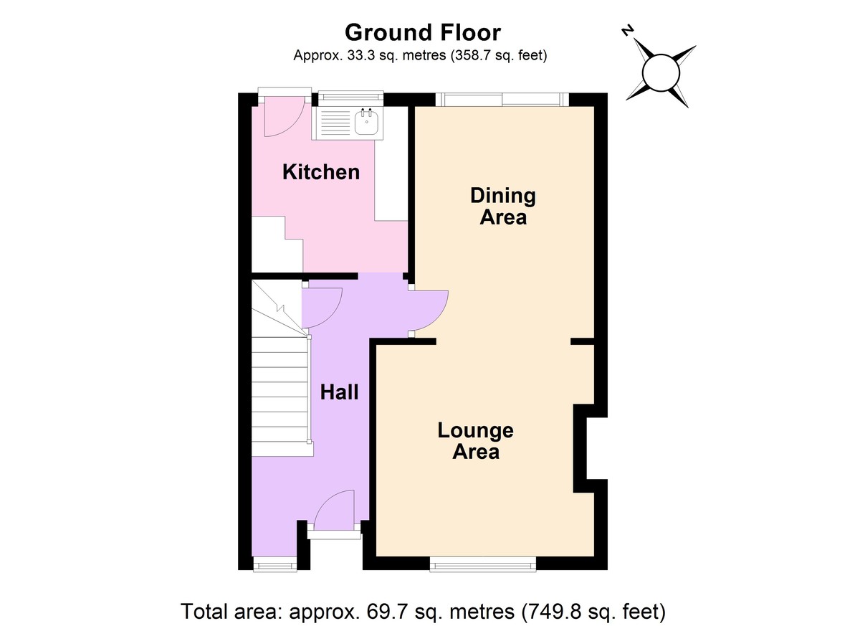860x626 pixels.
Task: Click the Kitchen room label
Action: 321,172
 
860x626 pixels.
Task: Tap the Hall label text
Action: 340,392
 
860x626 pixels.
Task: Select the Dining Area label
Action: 503,207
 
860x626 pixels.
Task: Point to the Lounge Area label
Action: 476,441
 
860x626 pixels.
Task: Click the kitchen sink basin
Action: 367,121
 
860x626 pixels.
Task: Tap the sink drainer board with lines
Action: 335,123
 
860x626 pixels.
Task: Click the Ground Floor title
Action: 423,33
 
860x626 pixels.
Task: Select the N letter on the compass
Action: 627,30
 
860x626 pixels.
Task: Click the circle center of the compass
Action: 661,73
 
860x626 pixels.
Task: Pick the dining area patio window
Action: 502,100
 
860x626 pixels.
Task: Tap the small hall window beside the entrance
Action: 275,564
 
